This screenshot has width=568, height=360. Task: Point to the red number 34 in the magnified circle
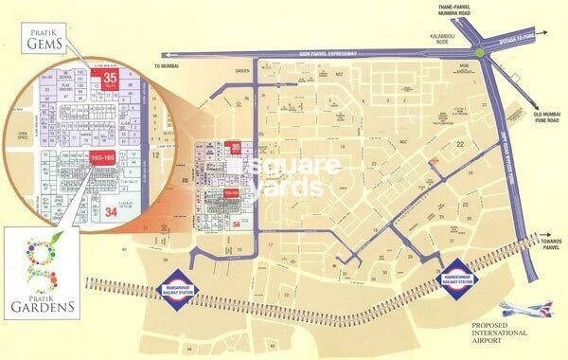click(x=112, y=209)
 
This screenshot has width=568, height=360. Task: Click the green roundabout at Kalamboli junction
click(x=483, y=54)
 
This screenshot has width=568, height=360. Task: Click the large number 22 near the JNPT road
click(x=462, y=143)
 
